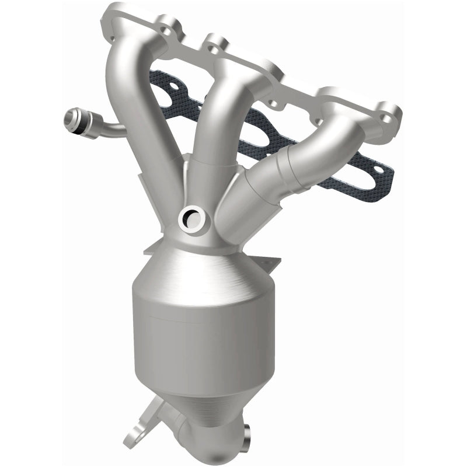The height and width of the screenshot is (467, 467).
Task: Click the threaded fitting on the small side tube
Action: point(75,119)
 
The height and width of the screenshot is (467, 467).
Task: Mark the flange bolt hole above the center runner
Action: point(219,43)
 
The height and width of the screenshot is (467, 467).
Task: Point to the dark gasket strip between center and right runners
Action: point(263,128)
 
